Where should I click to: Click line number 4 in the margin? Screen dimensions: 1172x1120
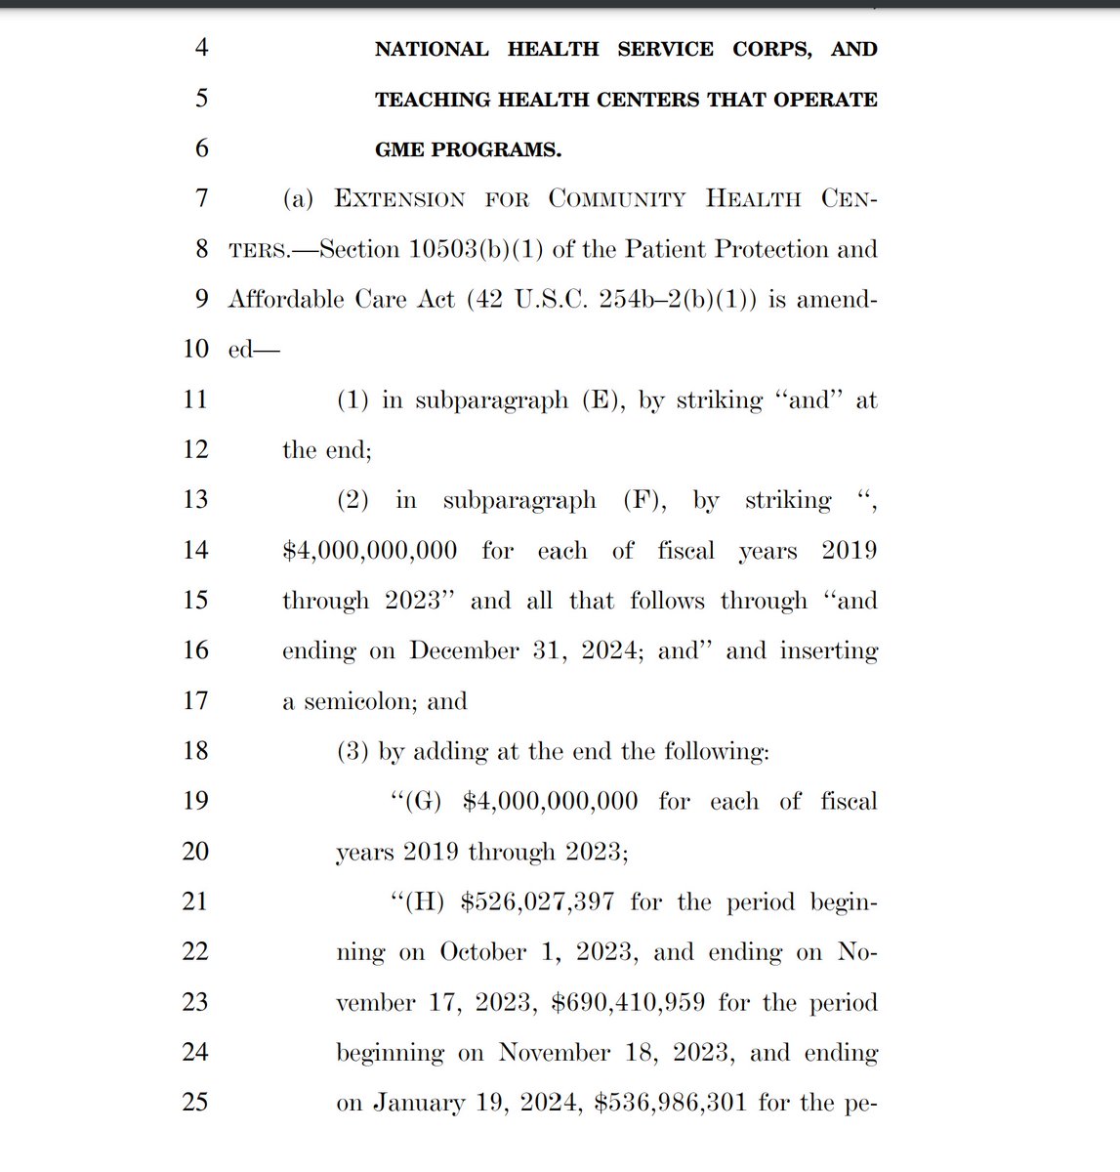coord(201,48)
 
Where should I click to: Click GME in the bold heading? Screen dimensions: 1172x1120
coord(398,150)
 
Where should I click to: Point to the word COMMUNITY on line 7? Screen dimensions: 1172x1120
coord(617,199)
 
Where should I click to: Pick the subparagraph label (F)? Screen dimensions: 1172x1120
coord(645,501)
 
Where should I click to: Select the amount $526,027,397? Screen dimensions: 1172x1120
coord(537,901)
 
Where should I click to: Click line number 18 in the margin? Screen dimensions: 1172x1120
coord(195,750)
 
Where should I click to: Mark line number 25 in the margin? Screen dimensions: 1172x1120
coord(195,1102)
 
